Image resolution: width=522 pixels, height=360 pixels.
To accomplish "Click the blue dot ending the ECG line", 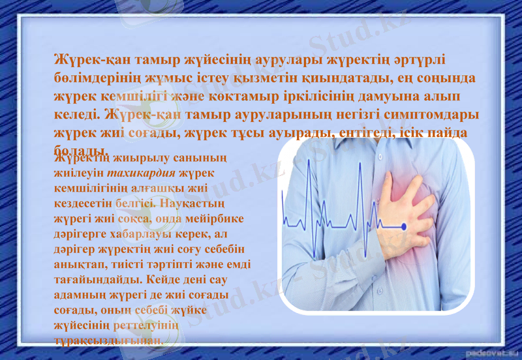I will [403, 226].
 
